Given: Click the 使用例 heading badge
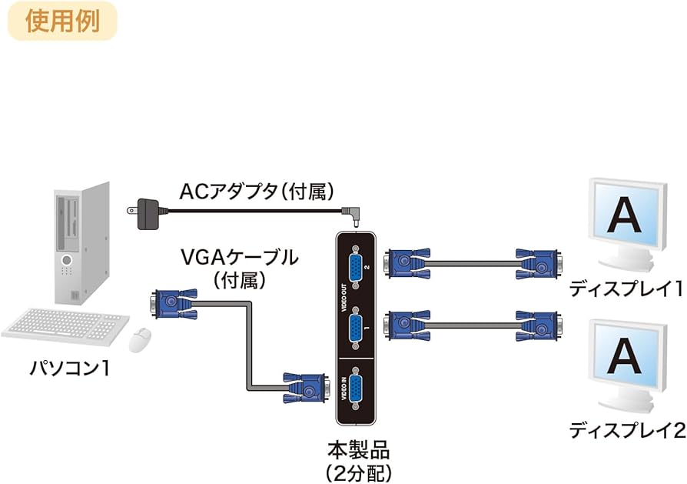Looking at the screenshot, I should pyautogui.click(x=62, y=21).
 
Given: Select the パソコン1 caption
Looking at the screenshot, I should pyautogui.click(x=69, y=369).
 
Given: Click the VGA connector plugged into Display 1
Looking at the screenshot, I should pyautogui.click(x=537, y=264).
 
